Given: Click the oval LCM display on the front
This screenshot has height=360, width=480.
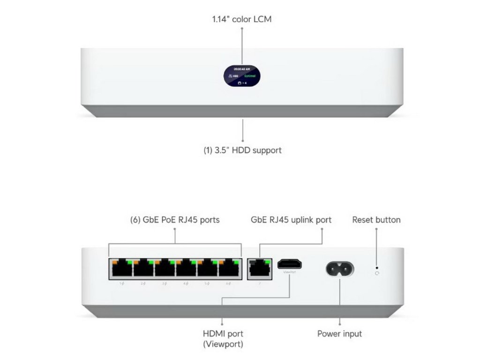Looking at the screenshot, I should (x=242, y=75).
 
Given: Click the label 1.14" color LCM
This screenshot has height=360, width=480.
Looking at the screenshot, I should (x=242, y=19).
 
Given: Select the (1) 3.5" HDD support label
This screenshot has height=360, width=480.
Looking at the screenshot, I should (x=242, y=150).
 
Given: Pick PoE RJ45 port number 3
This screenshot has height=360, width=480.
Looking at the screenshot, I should (x=165, y=270).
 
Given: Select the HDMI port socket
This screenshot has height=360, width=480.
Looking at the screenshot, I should (x=289, y=264).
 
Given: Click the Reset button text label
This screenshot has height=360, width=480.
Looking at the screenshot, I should (x=376, y=219).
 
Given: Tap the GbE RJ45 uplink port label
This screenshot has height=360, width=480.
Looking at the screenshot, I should (x=291, y=219).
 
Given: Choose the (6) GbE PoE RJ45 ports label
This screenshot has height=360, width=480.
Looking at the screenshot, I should (x=174, y=219).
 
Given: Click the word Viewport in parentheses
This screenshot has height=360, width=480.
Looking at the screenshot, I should (x=223, y=344).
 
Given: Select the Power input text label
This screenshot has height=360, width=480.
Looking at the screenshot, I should (x=339, y=334).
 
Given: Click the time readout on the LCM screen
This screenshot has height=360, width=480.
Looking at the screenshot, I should (x=242, y=68).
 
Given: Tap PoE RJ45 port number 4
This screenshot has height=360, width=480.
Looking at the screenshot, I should (x=186, y=270).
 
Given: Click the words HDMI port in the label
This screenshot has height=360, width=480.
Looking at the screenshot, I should (x=223, y=334).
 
